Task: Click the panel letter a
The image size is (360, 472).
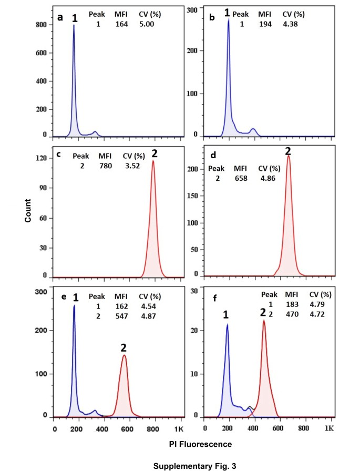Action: tap(60, 17)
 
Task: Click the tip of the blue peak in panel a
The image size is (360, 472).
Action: tap(74, 25)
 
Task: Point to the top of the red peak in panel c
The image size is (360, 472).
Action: tap(153, 161)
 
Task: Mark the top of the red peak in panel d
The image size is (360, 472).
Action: tap(288, 156)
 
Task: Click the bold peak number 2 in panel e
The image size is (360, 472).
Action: tap(124, 347)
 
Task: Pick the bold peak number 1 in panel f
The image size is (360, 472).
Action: tap(227, 315)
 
